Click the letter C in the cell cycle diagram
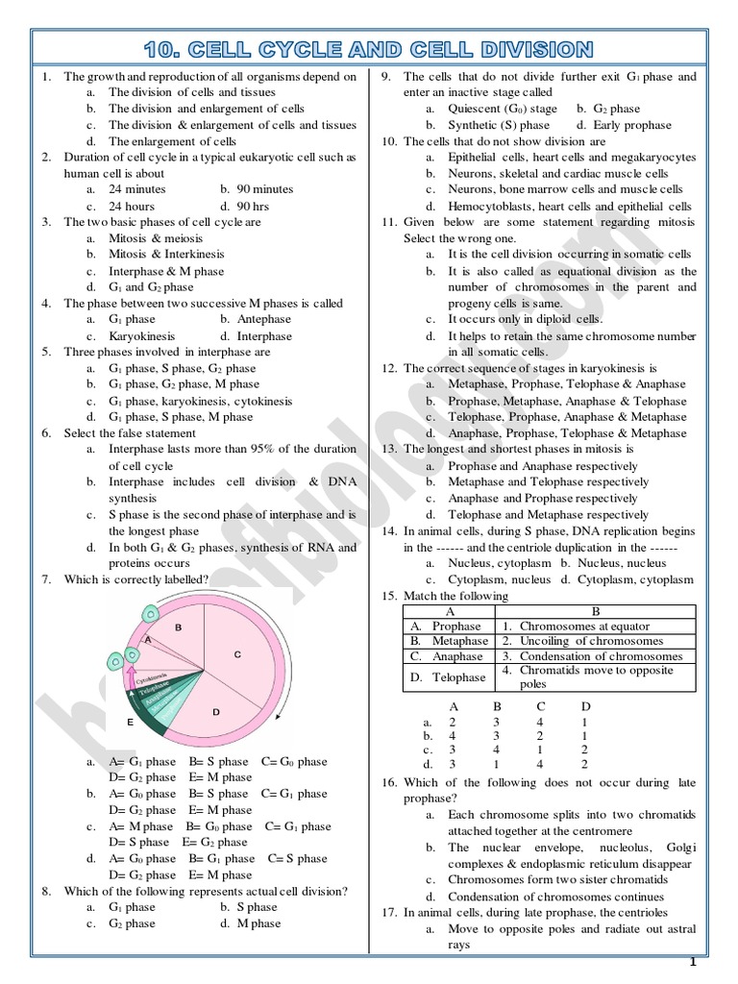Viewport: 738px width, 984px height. tap(235, 653)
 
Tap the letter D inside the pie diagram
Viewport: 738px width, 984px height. tap(216, 712)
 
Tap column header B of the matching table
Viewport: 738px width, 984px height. tap(595, 610)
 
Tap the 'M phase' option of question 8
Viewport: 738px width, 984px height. tap(258, 923)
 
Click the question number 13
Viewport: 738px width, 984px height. tap(389, 450)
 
